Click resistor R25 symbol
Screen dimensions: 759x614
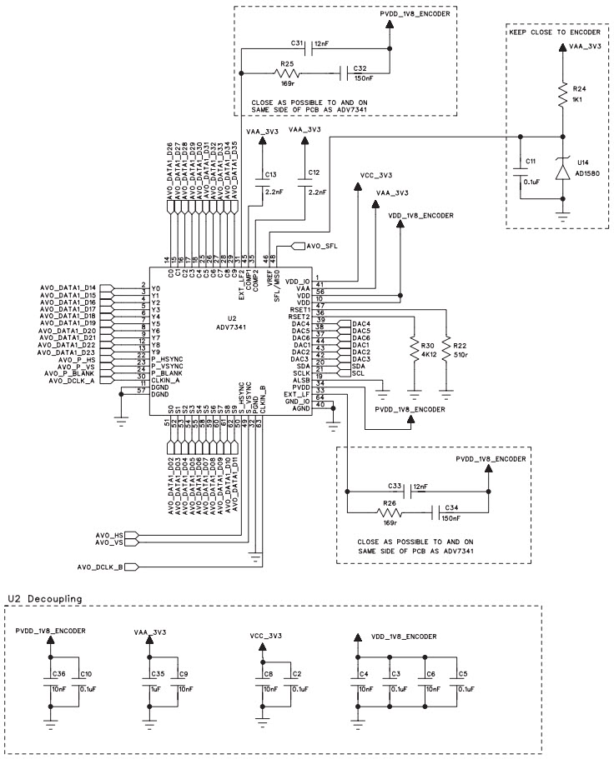(x=287, y=74)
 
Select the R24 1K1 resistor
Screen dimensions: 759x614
(x=563, y=94)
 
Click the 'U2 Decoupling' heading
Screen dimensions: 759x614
(x=44, y=597)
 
